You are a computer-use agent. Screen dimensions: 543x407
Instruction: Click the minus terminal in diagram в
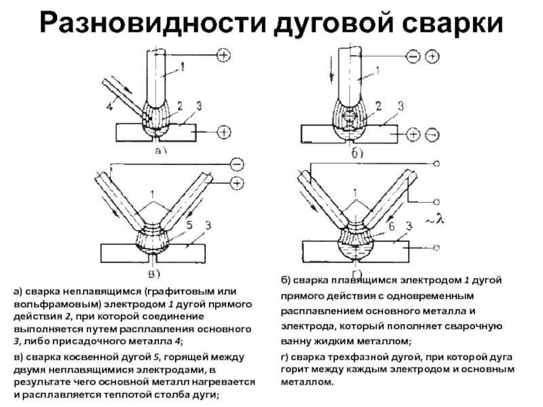[x=236, y=163]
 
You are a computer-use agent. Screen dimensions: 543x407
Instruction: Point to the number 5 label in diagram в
[x=189, y=225]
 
